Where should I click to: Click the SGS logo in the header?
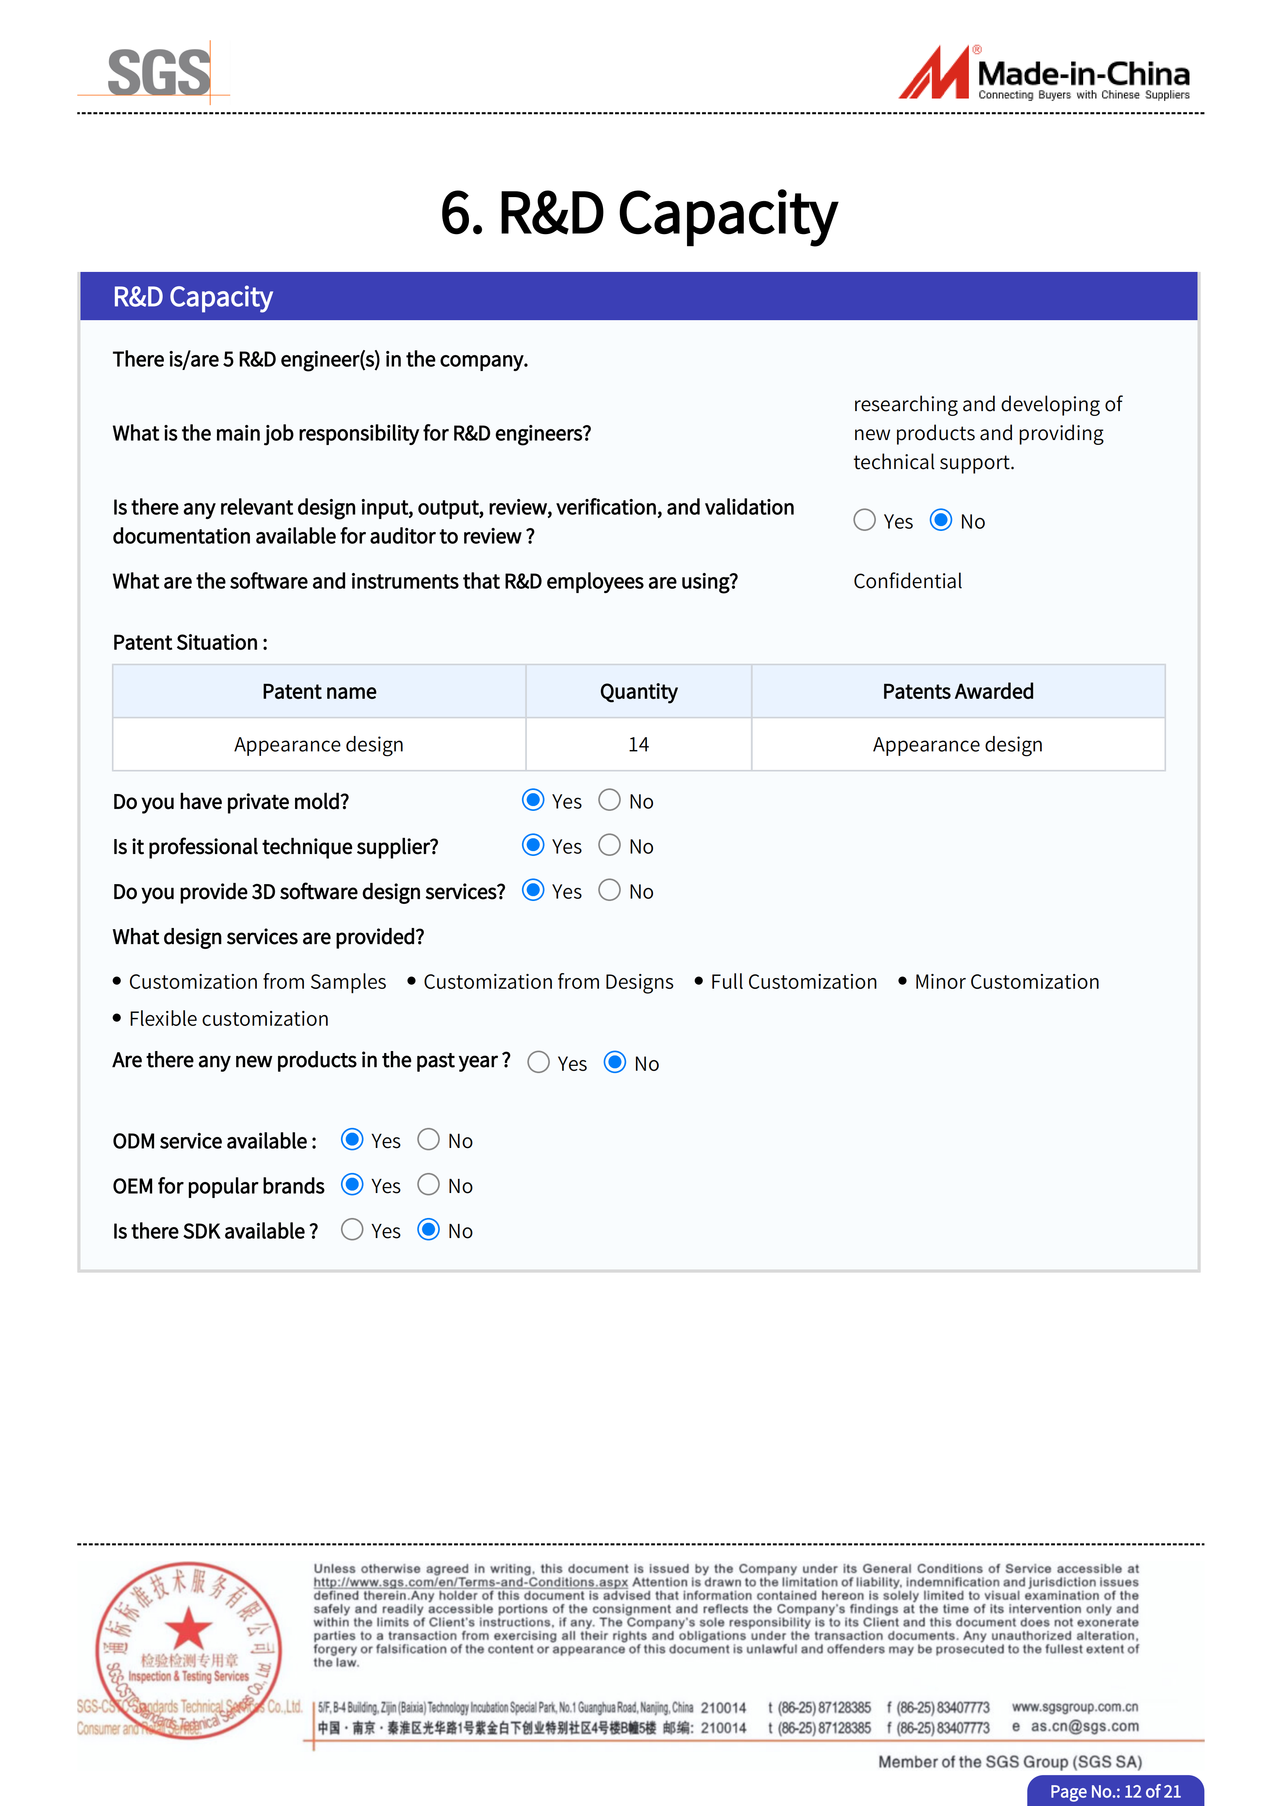point(159,72)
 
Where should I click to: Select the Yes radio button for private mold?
point(533,800)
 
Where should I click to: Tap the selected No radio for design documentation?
point(940,520)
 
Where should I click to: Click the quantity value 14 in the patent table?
point(638,744)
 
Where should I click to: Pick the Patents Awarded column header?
point(958,691)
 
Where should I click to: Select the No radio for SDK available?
point(428,1230)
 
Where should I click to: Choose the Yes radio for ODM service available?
point(352,1140)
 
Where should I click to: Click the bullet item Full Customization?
point(793,982)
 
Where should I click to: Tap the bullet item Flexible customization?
point(228,1018)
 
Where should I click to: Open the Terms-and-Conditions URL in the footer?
point(471,1582)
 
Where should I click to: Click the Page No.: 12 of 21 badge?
point(1115,1791)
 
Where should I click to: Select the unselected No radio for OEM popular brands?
point(428,1185)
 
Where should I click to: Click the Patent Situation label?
point(190,643)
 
